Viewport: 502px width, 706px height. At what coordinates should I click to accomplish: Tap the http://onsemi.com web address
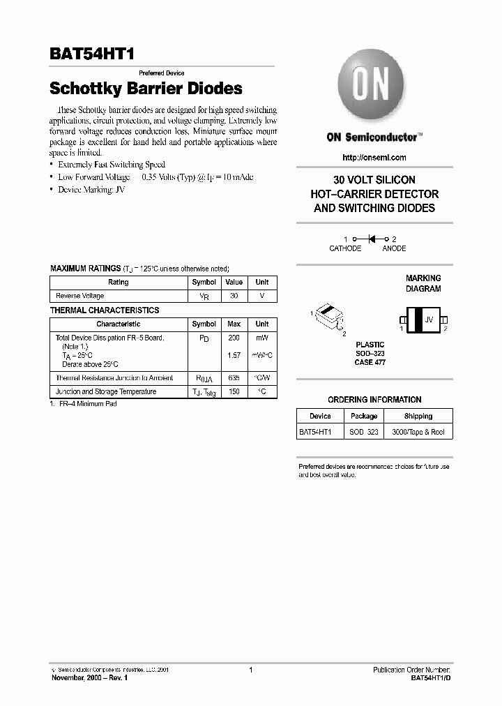[374, 158]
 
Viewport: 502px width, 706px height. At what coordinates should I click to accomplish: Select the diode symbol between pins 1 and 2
[372, 239]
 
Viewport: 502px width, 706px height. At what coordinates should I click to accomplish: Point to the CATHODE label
[345, 248]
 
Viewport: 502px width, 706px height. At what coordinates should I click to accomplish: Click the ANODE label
[394, 248]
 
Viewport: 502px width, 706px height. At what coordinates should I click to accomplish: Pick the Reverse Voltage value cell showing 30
[234, 296]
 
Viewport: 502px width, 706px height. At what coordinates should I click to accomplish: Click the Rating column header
[119, 283]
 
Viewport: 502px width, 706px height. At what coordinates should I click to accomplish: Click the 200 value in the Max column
[234, 338]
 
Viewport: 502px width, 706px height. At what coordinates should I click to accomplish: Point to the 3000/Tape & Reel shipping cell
[418, 433]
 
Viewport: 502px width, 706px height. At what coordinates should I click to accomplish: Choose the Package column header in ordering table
[364, 416]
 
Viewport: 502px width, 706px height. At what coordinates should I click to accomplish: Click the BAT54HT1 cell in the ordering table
[316, 433]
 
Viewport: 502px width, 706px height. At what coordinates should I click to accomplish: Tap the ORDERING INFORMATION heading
[374, 400]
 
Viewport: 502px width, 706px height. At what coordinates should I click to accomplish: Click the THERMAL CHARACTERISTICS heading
[105, 310]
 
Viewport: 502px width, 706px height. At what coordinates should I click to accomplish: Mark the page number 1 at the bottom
[250, 670]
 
